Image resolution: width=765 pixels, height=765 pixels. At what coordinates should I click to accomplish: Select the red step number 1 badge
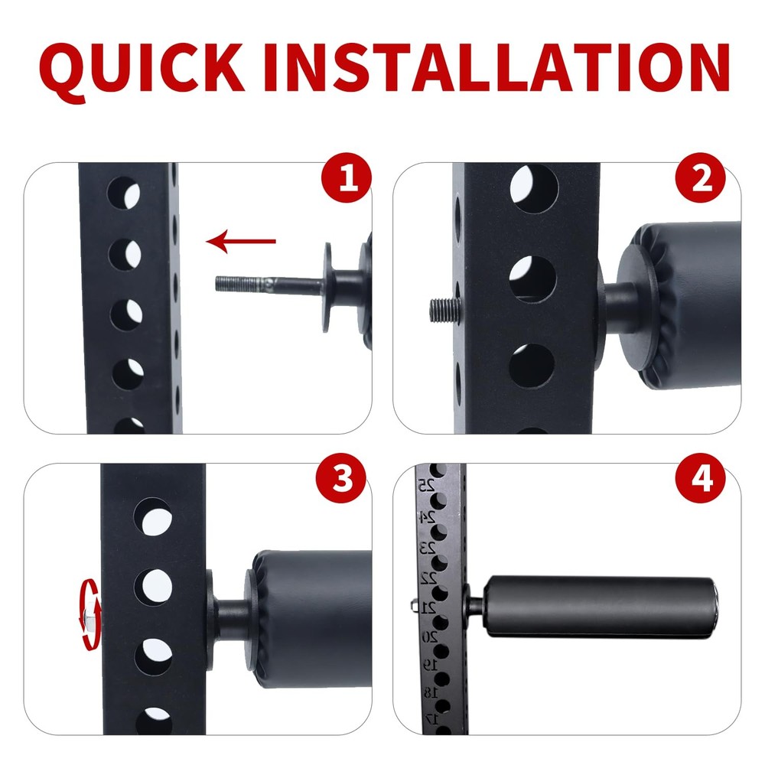pyautogui.click(x=346, y=181)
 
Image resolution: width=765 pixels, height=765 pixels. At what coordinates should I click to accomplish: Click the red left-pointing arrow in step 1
pyautogui.click(x=241, y=243)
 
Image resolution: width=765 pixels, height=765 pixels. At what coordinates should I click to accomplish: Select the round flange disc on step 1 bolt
pyautogui.click(x=327, y=286)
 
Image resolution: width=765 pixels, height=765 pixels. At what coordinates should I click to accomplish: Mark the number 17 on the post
pyautogui.click(x=431, y=718)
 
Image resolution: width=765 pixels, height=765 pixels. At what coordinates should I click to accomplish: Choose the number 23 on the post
pyautogui.click(x=428, y=548)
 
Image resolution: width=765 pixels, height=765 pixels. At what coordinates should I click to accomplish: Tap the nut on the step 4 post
pyautogui.click(x=414, y=607)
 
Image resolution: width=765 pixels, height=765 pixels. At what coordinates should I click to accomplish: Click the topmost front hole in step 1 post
pyautogui.click(x=125, y=191)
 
